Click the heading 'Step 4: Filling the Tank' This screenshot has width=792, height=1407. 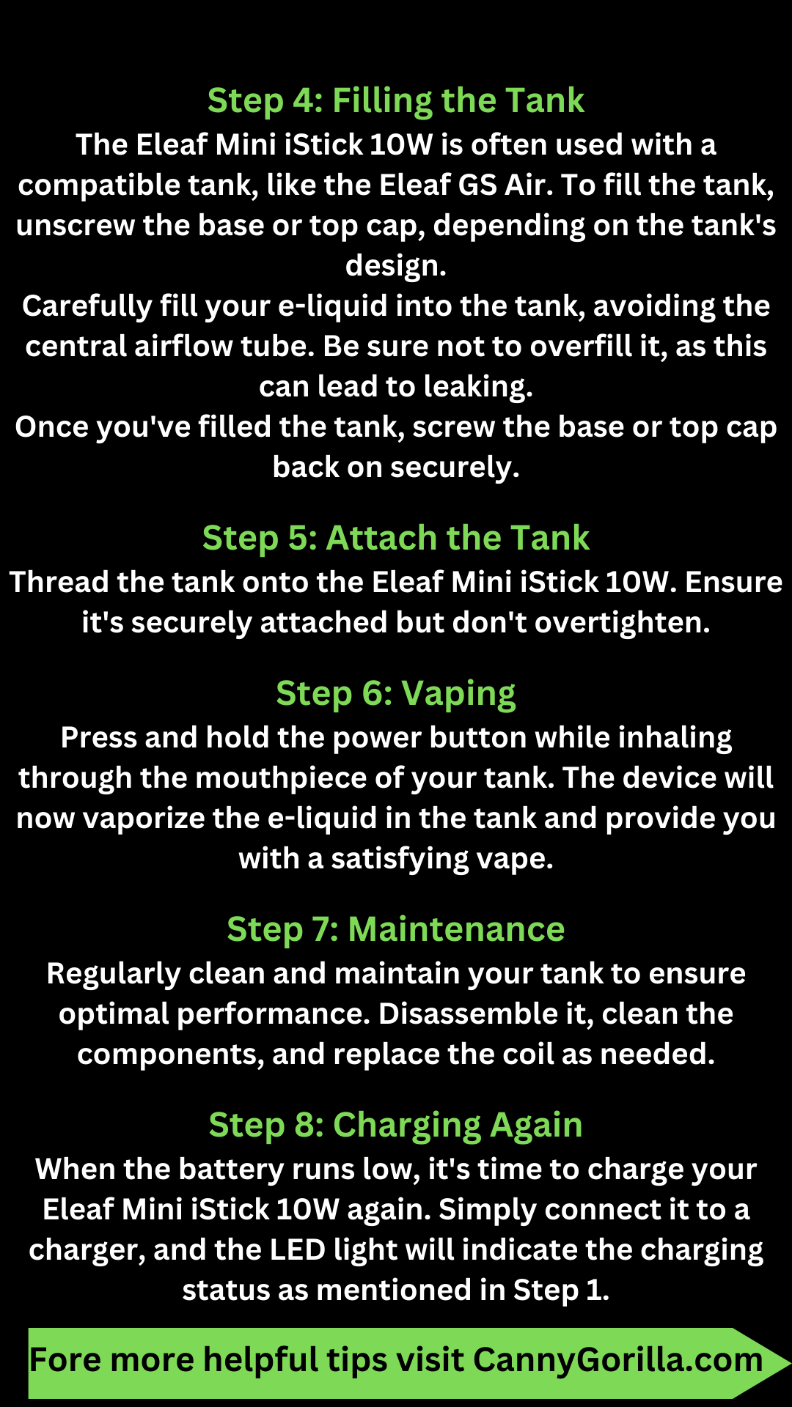click(396, 100)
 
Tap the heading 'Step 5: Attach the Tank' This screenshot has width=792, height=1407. click(396, 538)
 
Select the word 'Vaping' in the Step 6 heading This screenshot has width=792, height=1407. click(458, 694)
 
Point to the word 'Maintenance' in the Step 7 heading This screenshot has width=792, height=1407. click(456, 929)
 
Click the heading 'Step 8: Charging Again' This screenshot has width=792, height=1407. click(396, 1125)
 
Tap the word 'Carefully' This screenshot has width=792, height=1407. click(87, 306)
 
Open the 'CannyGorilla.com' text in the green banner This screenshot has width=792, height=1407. click(617, 1360)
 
